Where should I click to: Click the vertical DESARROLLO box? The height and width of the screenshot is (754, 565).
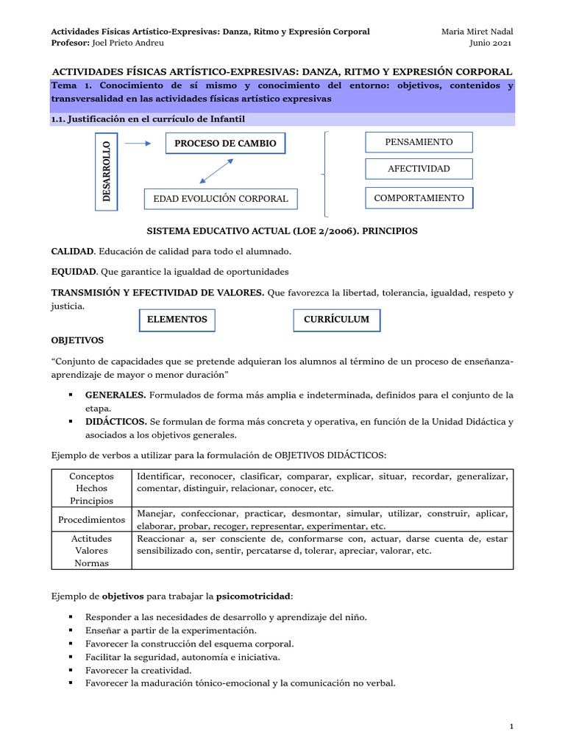pos(107,170)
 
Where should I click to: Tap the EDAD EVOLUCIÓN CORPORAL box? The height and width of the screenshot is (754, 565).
pos(221,199)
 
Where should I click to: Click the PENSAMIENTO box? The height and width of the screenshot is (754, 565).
pos(419,142)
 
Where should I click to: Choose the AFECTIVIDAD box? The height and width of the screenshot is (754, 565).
pos(419,169)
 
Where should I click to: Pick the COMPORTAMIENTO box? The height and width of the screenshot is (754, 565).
pos(419,198)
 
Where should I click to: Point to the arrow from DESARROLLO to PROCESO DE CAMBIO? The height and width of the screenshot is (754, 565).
pos(138,144)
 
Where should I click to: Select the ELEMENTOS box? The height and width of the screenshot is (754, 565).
pos(177,320)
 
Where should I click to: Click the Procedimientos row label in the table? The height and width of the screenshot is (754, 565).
pos(91,520)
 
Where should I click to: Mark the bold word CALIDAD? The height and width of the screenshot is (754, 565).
pos(73,252)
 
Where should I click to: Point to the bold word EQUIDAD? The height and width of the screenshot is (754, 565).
pos(74,272)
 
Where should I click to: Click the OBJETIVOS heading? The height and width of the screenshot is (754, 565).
pos(77,341)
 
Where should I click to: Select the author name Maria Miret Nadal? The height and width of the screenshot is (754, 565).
pos(477,32)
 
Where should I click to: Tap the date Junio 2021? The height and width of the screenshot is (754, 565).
pos(491,43)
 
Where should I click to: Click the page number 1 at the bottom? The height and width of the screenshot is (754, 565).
pos(511,727)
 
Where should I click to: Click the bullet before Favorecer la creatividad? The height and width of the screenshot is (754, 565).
pos(70,670)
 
